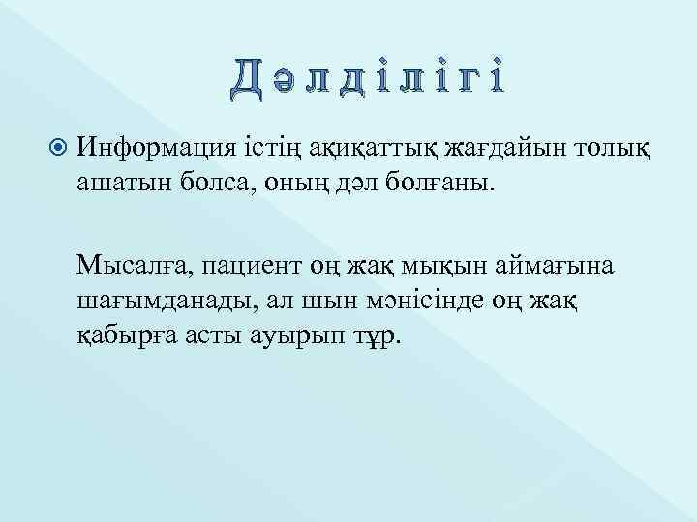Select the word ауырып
click(303, 335)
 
